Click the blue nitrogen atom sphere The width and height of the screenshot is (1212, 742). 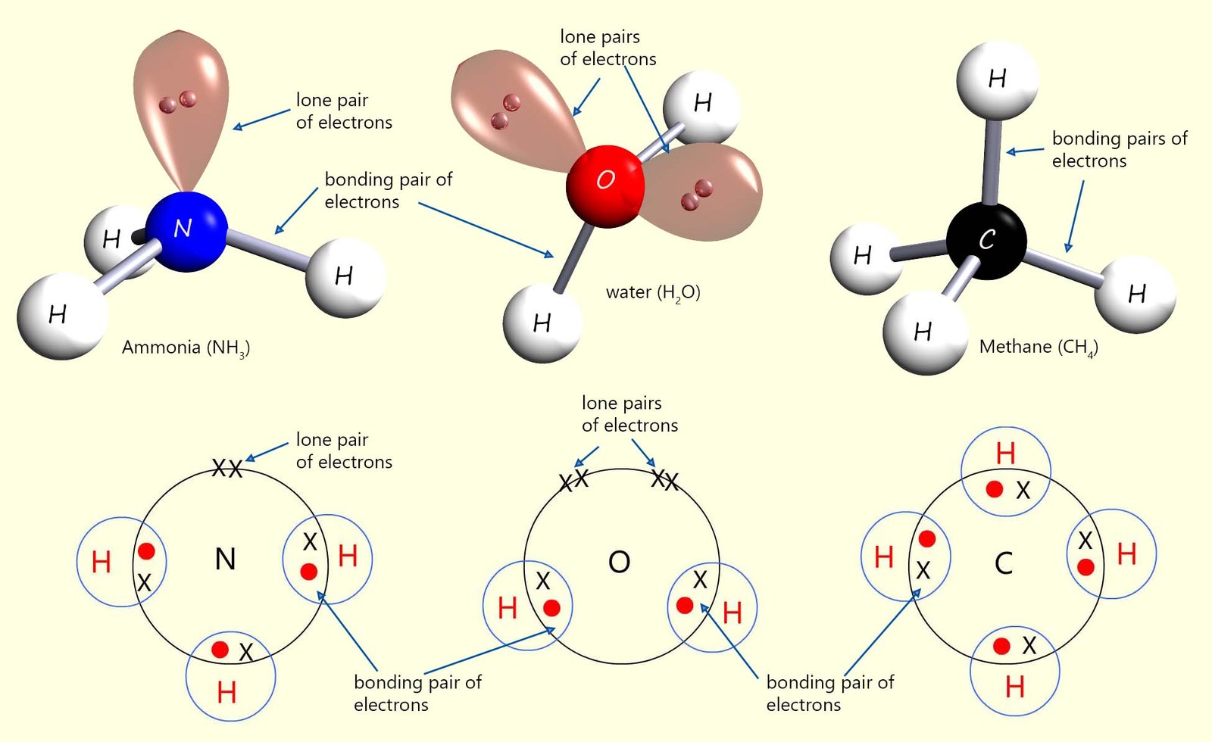pos(186,231)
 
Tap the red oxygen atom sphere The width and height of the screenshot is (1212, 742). pos(605,185)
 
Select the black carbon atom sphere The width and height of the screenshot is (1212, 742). pos(986,241)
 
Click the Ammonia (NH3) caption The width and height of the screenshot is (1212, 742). pos(186,348)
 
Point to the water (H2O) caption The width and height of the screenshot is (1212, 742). pos(653,292)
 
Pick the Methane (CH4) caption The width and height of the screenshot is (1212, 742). pos(1038,347)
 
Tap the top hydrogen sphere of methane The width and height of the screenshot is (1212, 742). pos(997,78)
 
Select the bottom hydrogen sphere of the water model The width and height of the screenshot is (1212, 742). pos(542,324)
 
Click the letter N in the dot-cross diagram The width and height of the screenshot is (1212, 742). pos(225,560)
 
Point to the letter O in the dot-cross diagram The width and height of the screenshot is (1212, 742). pos(619,562)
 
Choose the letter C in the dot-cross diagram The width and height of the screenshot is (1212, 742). pos(1003,563)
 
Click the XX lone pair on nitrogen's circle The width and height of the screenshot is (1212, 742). pos(227,469)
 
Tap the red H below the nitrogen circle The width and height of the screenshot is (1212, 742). pos(226,692)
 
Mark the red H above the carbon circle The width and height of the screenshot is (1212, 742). pos(1005,454)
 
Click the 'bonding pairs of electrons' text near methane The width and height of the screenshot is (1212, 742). pos(1118,149)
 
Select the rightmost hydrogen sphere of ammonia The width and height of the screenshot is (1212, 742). pos(345,276)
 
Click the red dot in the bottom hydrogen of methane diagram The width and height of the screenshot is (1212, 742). pos(1001,646)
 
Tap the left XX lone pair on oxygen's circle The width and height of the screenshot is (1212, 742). pos(573,480)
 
